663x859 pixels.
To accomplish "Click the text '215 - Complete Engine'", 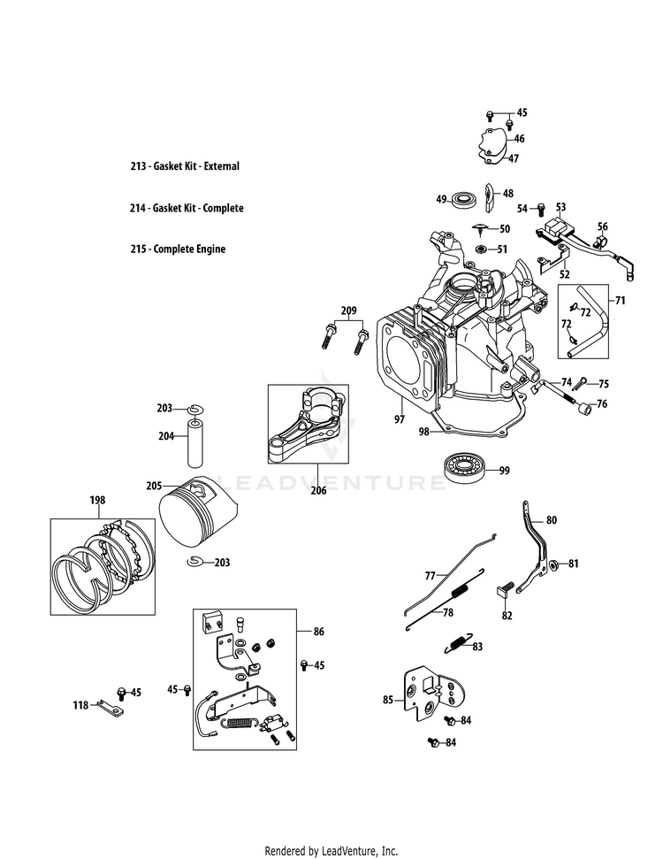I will coord(177,249).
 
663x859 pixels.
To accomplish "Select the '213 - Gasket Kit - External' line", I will coord(184,166).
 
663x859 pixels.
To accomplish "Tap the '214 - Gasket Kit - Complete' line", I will coord(186,208).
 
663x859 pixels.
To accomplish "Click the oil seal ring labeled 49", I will coord(461,199).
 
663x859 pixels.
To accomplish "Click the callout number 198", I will coord(96,501).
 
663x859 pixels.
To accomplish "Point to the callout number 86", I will coord(318,632).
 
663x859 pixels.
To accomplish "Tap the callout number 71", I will coord(620,301).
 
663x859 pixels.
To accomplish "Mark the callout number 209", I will coord(348,311).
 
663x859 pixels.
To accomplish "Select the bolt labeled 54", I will coord(541,209).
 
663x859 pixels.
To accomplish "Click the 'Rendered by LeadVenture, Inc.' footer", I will coord(331,851).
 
